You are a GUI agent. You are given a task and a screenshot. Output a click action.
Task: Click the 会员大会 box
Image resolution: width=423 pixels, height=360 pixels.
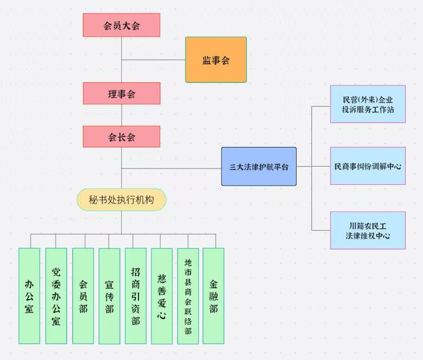121,25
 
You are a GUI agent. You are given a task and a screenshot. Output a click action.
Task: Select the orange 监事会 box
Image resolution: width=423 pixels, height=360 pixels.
216,60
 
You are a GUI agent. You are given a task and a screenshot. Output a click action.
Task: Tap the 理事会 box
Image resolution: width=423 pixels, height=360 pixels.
121,93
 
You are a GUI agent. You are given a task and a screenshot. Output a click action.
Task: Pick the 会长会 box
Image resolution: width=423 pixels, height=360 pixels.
121,136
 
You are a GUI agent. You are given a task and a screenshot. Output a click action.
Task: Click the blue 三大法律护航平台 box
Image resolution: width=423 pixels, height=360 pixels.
259,167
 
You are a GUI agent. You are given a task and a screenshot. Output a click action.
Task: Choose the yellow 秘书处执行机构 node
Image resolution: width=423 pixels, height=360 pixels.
121,200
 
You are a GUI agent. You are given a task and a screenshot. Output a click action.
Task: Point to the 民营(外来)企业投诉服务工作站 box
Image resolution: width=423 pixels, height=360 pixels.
367,104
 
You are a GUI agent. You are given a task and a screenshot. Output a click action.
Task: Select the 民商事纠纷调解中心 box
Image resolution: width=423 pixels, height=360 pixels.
367,166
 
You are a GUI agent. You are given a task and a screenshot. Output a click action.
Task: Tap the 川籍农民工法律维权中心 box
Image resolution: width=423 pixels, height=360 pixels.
367,230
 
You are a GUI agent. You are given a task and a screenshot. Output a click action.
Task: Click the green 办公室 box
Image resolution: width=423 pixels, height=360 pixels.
29,295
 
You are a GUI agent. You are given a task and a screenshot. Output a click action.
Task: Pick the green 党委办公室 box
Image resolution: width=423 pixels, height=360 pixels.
56,295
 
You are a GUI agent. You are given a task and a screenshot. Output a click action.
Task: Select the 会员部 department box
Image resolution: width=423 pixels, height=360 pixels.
83,295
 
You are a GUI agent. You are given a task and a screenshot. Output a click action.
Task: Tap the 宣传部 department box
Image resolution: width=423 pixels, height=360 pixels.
109,295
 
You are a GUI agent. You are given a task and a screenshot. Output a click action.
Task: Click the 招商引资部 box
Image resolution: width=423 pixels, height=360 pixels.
136,295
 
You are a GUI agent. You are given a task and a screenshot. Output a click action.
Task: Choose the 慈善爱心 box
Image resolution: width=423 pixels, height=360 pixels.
161,295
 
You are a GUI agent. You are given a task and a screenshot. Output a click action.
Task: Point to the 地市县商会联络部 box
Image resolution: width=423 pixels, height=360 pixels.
188,295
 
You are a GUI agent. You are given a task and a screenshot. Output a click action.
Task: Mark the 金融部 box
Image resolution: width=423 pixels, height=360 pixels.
213,295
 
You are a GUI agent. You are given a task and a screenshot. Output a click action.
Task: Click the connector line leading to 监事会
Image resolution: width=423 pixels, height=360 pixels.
153,60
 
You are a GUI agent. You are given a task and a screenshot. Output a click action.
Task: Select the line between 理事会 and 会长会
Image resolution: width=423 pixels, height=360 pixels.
121,115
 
